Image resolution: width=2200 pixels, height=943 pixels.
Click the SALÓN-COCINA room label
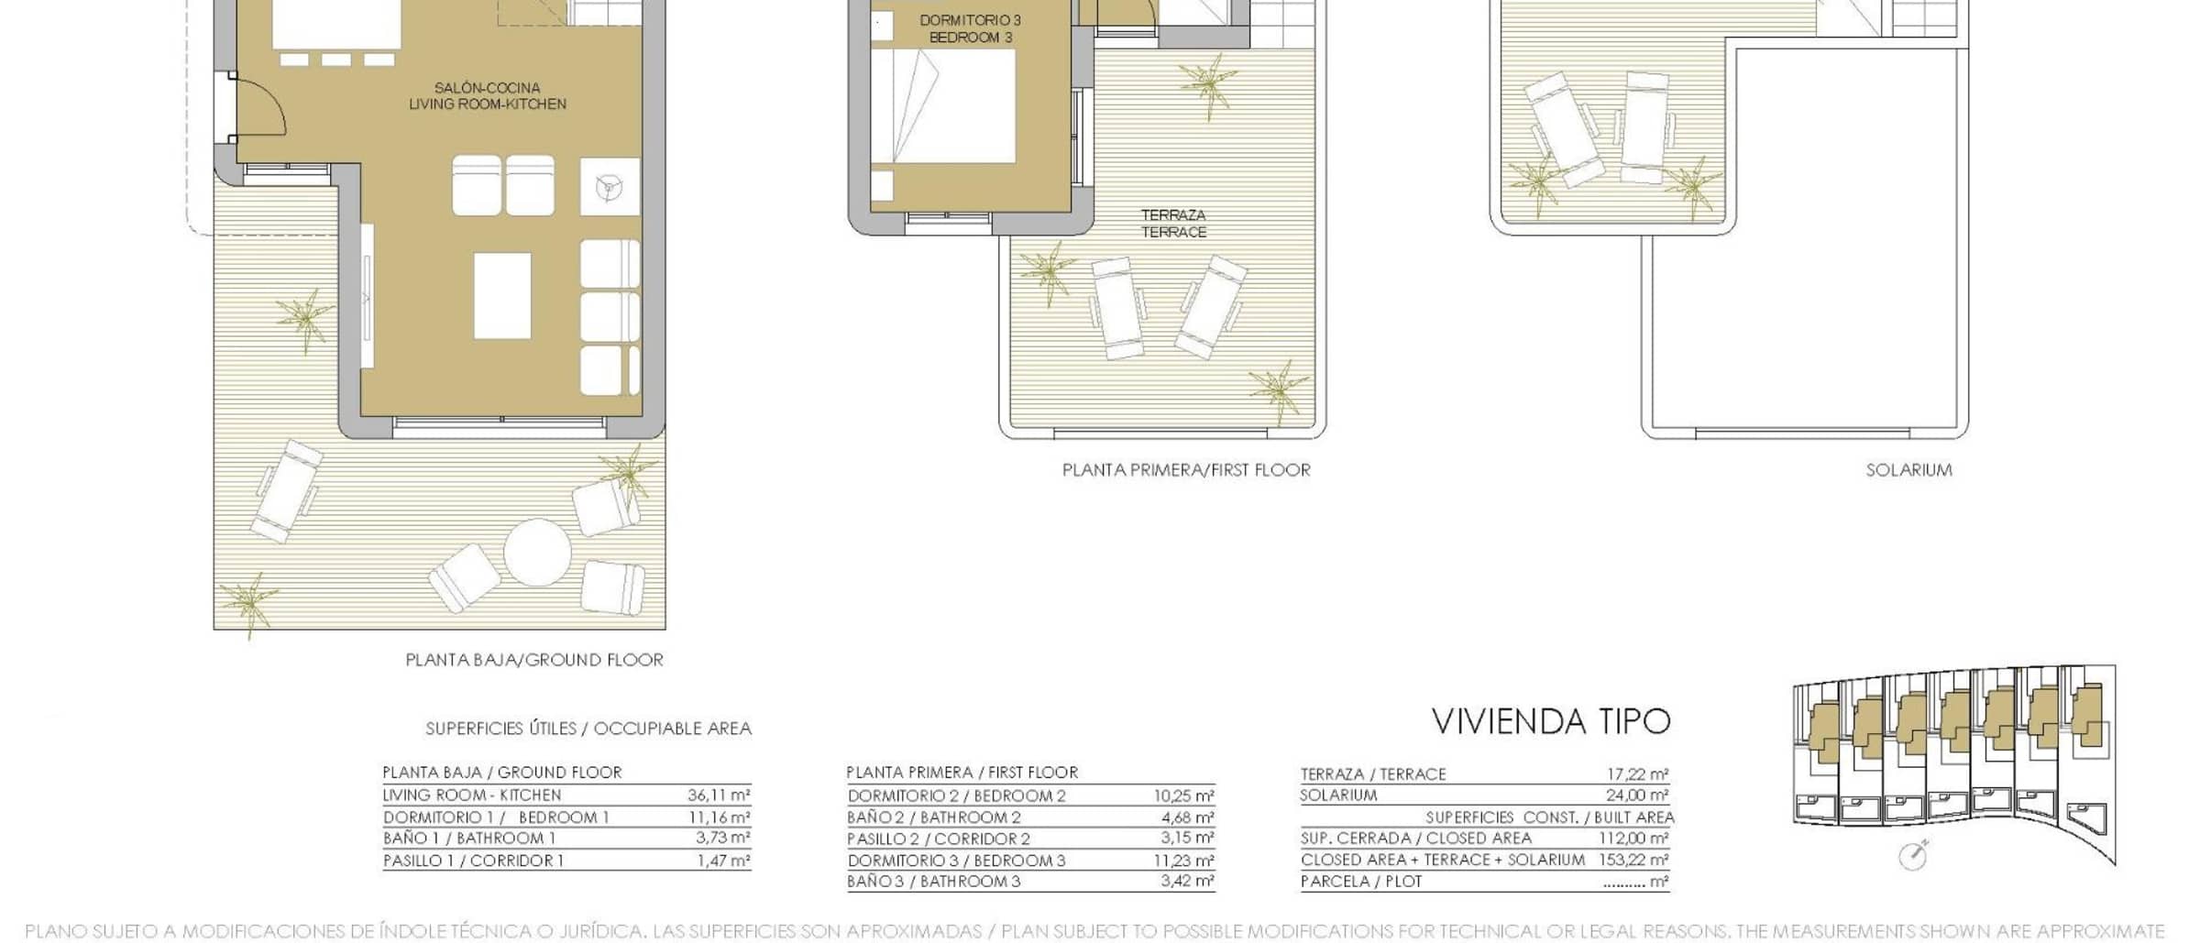(487, 88)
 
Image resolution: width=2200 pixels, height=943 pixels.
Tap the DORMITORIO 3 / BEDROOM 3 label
(970, 28)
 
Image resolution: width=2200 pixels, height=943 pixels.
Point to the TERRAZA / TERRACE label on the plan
(1173, 224)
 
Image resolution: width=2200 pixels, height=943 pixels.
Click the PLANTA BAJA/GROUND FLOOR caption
(534, 660)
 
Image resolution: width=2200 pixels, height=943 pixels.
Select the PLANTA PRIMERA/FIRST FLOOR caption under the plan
(1186, 470)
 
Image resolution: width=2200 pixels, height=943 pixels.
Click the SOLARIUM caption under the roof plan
(1908, 470)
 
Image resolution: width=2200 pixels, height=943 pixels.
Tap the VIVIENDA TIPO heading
(1551, 722)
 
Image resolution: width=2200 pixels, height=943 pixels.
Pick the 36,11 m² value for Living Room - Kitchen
(719, 795)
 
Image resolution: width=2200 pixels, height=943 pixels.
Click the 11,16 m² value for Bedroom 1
(720, 817)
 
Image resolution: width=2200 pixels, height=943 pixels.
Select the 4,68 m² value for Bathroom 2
(1189, 817)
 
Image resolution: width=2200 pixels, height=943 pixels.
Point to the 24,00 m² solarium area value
(1637, 795)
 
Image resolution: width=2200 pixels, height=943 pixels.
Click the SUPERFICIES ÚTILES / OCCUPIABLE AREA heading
(588, 729)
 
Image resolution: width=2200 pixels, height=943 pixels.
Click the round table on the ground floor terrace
(537, 553)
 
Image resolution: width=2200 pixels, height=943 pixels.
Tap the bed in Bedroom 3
(942, 106)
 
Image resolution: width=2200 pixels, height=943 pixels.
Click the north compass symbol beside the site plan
(1913, 855)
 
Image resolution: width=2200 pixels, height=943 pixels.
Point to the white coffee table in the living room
(502, 296)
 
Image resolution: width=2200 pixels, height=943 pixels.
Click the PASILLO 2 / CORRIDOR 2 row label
(939, 839)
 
